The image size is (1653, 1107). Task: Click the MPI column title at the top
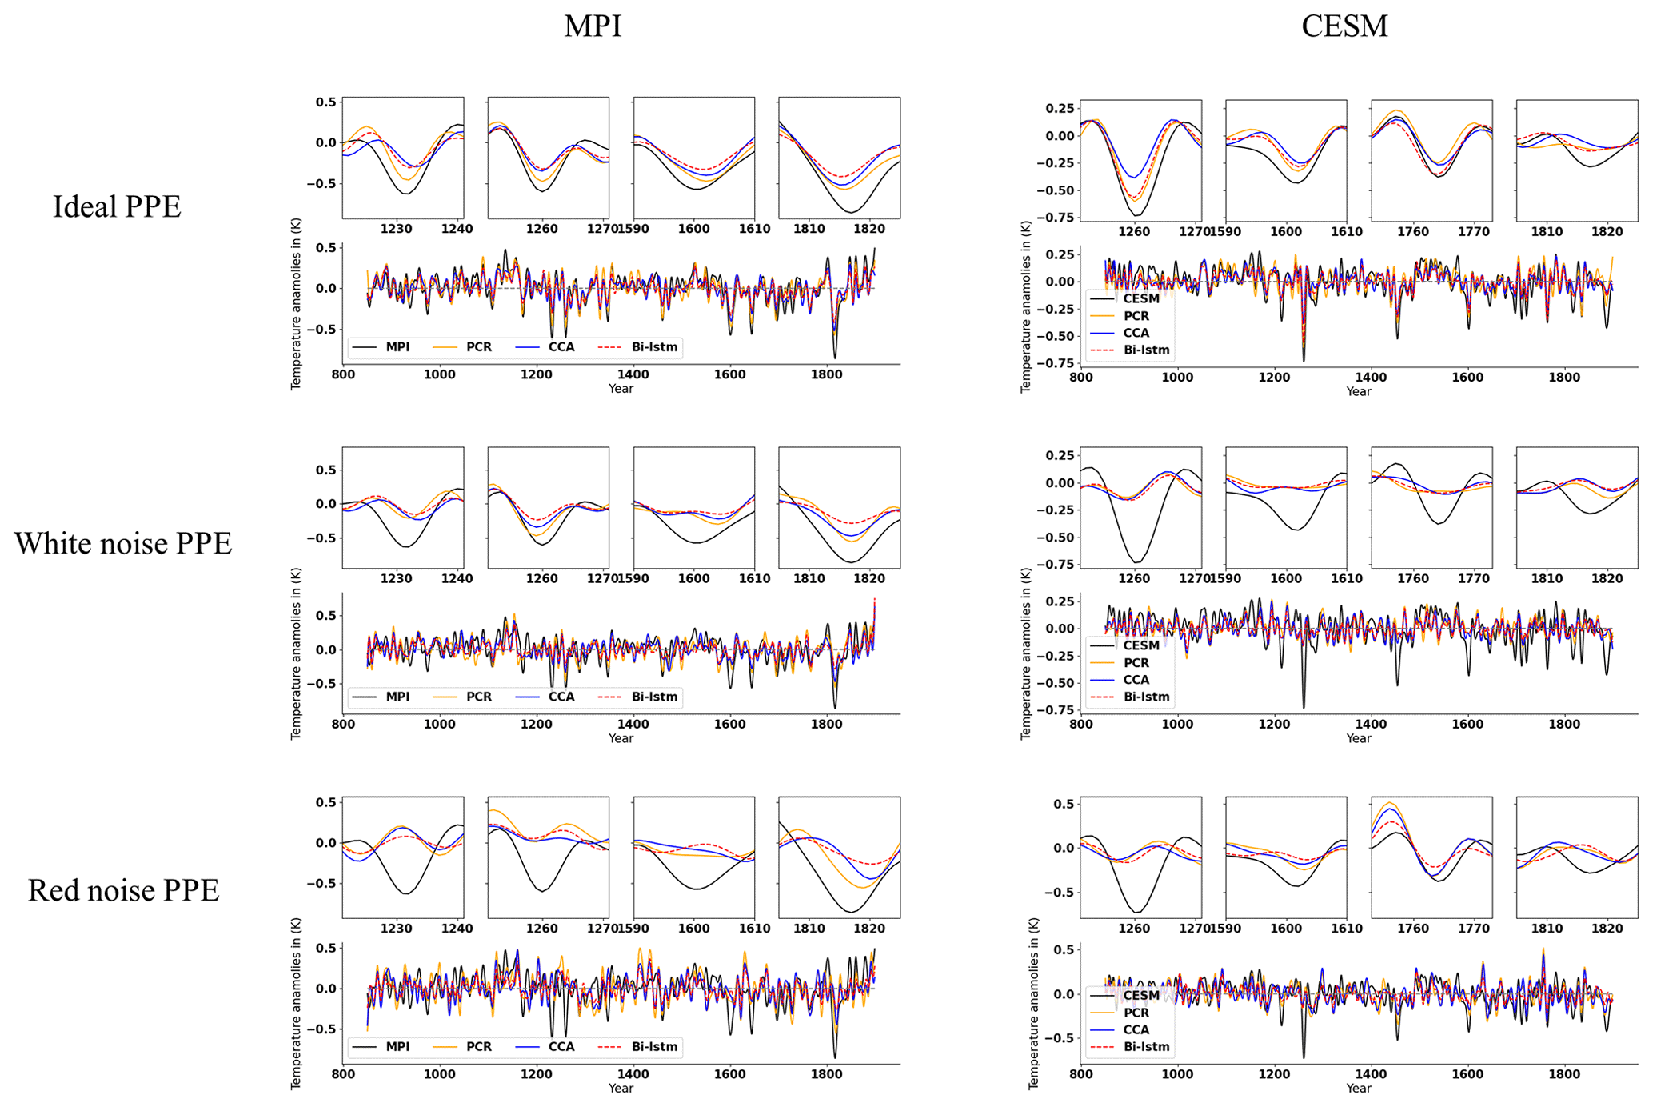[x=592, y=26]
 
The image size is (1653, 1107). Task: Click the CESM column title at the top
[x=1344, y=26]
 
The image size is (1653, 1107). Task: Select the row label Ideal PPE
[x=117, y=206]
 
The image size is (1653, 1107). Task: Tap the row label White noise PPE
[x=122, y=543]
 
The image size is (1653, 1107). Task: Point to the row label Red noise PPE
[x=123, y=890]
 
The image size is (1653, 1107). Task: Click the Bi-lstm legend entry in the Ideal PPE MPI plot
[x=653, y=347]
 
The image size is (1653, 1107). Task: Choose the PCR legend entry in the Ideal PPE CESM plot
[x=1136, y=316]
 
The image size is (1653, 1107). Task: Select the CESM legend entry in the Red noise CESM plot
[x=1140, y=996]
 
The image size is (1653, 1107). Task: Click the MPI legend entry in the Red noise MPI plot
[x=397, y=1046]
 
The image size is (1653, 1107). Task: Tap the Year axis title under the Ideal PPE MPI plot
[x=621, y=389]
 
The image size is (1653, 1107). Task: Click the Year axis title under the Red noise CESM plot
[x=1358, y=1088]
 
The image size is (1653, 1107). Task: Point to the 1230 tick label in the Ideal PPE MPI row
[x=397, y=229]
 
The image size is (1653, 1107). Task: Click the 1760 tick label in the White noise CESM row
[x=1412, y=578]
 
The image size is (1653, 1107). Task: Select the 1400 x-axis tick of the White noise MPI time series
[x=633, y=725]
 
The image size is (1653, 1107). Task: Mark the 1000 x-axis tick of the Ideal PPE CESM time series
[x=1177, y=378]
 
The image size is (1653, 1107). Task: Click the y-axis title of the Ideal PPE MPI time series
[x=296, y=303]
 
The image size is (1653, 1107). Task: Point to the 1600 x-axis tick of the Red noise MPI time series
[x=729, y=1074]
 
